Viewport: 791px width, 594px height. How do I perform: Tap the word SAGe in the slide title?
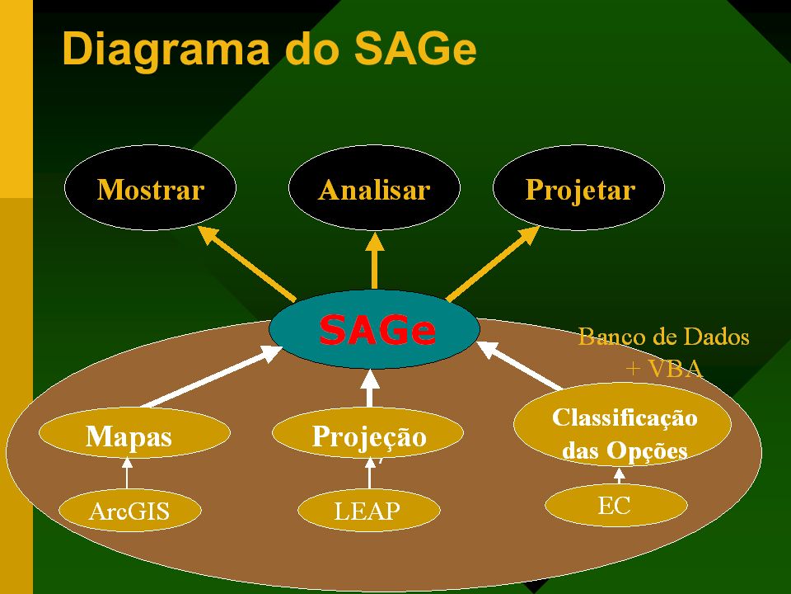pos(414,49)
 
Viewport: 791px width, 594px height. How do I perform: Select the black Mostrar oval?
pos(150,187)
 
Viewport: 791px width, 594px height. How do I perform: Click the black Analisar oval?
pos(374,187)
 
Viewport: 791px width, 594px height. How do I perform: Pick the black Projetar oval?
pos(578,187)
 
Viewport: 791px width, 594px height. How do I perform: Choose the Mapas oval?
pos(134,433)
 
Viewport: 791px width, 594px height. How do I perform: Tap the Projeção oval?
pos(367,433)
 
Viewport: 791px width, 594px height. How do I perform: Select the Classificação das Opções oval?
pos(623,424)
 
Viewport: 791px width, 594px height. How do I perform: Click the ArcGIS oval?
pos(130,510)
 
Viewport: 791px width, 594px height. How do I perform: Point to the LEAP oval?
pos(369,510)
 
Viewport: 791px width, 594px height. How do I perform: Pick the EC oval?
pos(616,505)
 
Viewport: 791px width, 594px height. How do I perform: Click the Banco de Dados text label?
pos(663,337)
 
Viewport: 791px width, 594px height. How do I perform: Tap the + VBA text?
pos(664,368)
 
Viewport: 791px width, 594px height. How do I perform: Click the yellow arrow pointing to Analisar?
pos(374,260)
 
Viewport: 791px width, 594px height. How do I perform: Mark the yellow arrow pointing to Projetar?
pos(493,264)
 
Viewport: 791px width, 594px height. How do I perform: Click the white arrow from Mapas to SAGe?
pos(212,376)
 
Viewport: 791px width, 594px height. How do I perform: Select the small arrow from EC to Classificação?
pos(620,475)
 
